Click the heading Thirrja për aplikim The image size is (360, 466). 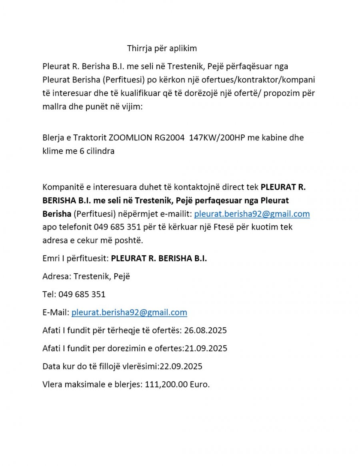coord(162,48)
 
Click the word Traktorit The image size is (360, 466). coord(87,138)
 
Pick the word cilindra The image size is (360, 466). coord(100,151)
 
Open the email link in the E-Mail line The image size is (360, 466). coord(129,312)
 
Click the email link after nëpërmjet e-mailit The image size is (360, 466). coord(252,214)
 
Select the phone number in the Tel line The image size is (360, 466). coord(82,294)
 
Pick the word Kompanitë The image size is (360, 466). coord(62,187)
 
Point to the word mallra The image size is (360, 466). coord(54,107)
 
